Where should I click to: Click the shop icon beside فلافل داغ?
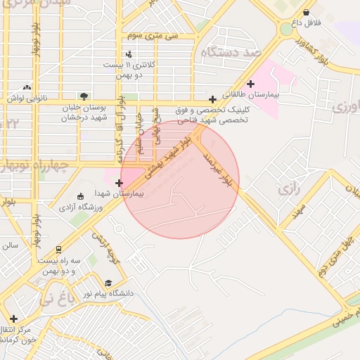click(306, 12)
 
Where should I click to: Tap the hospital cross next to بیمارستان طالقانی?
click(250, 84)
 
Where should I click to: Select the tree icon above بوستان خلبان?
click(84, 96)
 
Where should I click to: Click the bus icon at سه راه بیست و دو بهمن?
click(58, 250)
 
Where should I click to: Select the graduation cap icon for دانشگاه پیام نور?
click(108, 283)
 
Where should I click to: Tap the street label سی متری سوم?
click(153, 34)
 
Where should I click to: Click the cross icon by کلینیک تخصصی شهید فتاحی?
click(212, 99)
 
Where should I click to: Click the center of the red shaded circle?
click(180, 179)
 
